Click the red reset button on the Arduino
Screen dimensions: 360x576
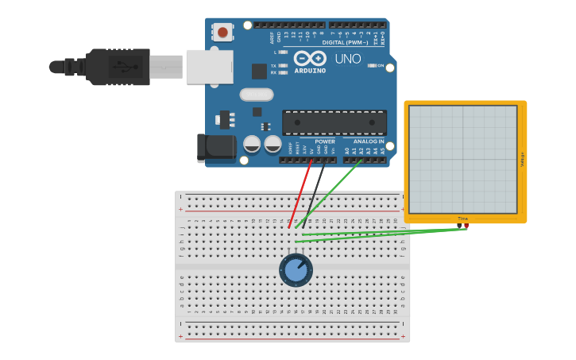click(x=222, y=33)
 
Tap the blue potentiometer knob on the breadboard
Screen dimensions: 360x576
click(x=296, y=270)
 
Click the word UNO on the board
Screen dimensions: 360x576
click(x=348, y=59)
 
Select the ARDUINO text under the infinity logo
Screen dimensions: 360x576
click(x=309, y=70)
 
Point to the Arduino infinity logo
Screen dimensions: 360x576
click(x=309, y=58)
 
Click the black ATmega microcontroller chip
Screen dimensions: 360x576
click(x=334, y=122)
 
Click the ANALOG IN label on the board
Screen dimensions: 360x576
click(x=369, y=141)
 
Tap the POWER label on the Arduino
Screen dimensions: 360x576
click(x=324, y=141)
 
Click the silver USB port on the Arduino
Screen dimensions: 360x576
click(x=209, y=67)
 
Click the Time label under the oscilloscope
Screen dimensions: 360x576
click(x=462, y=219)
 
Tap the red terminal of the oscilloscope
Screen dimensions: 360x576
click(x=466, y=226)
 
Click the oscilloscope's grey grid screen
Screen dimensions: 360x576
click(x=462, y=159)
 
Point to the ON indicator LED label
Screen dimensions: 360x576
click(x=379, y=65)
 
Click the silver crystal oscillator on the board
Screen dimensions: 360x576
click(x=256, y=95)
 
